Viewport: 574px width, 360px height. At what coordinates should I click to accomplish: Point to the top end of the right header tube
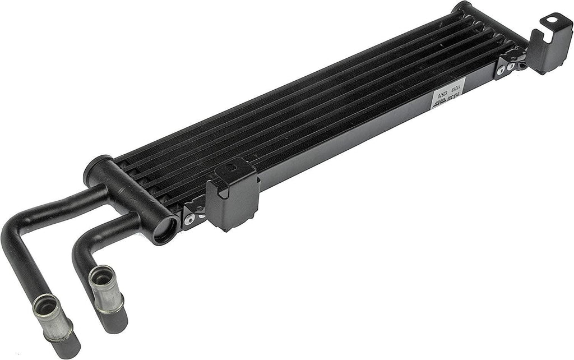pyautogui.click(x=462, y=8)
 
